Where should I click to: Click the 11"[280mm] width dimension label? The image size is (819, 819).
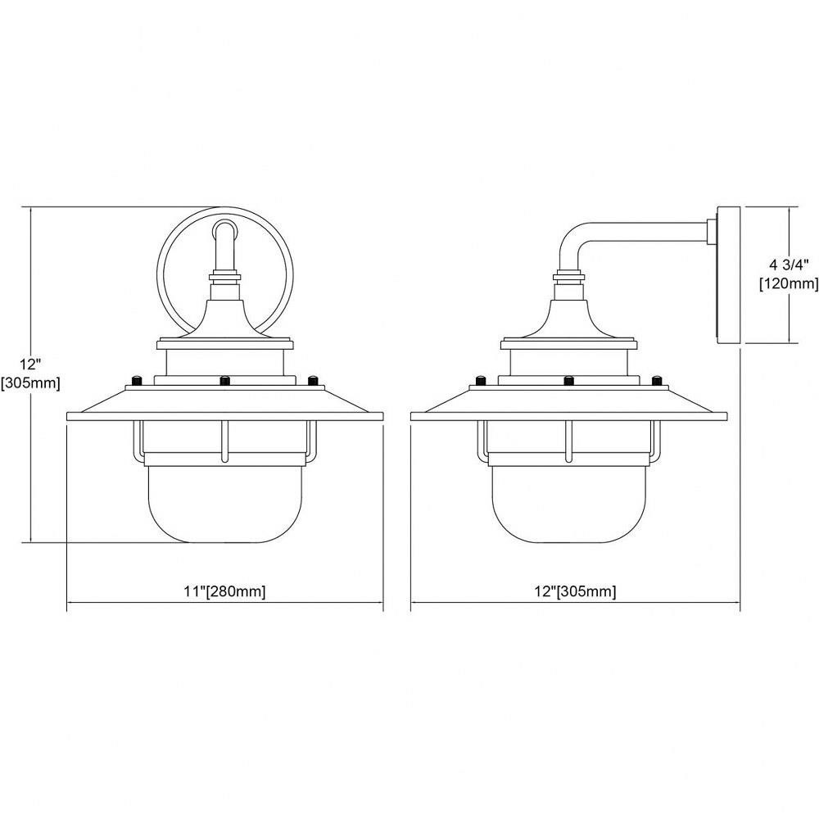click(x=224, y=592)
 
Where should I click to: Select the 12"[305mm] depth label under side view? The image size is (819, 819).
click(x=575, y=592)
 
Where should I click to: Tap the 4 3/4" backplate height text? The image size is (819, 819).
click(x=789, y=265)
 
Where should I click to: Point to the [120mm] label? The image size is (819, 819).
click(x=789, y=284)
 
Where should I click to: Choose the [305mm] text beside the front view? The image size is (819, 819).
click(x=31, y=382)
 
